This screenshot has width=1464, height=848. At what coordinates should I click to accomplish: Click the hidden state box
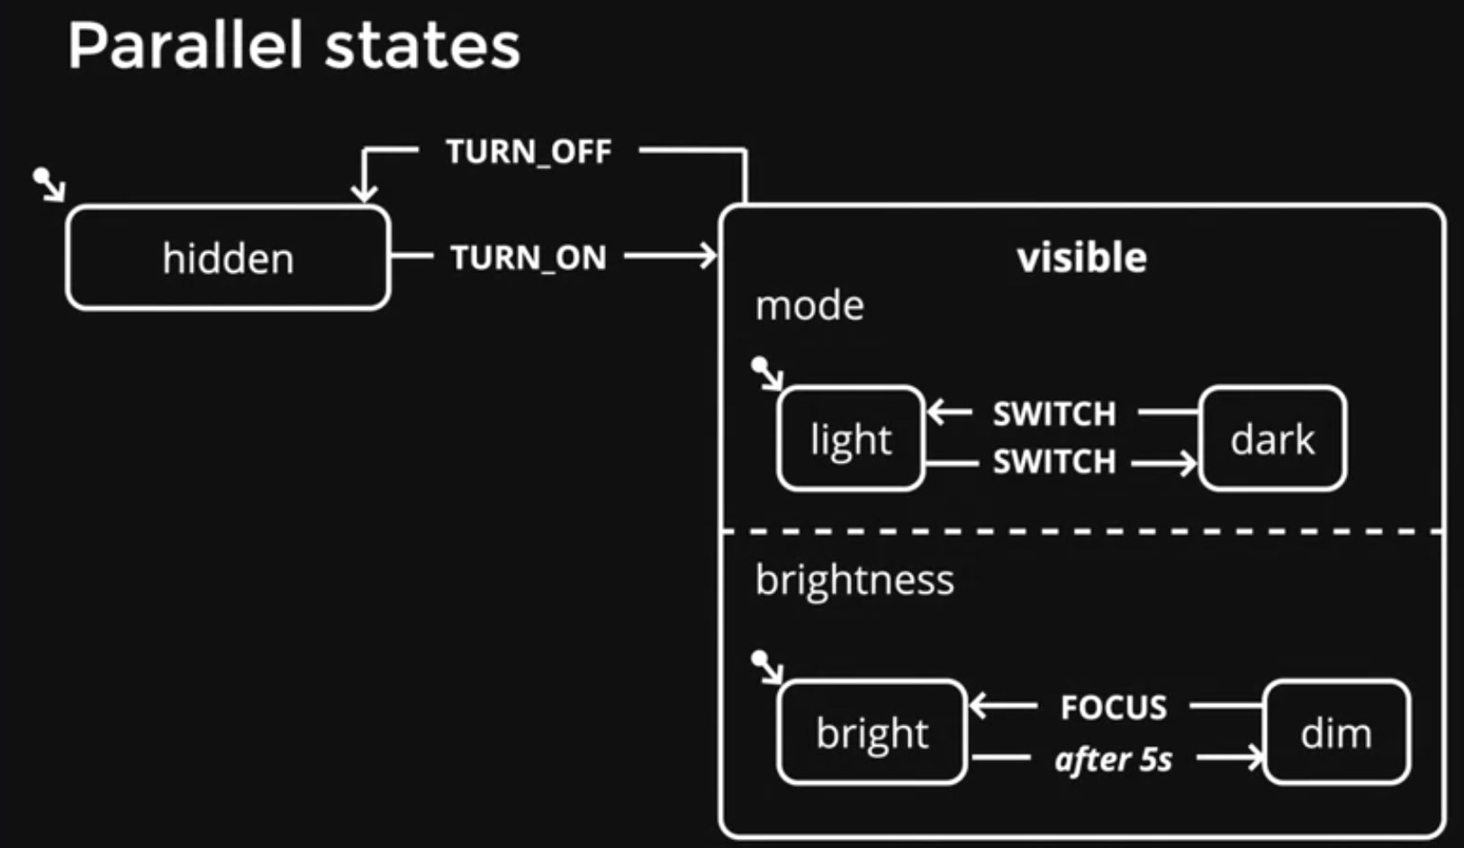click(228, 257)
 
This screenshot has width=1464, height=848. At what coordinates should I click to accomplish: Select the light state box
click(851, 438)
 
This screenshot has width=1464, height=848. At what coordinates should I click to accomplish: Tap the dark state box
click(1272, 438)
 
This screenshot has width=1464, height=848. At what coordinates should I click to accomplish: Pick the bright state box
click(872, 732)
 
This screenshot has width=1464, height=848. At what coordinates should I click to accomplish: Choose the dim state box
click(1336, 732)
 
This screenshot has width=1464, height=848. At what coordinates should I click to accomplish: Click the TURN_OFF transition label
click(529, 151)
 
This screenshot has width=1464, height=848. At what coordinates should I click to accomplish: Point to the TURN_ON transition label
click(529, 257)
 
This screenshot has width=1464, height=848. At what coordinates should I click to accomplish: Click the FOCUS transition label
click(1114, 707)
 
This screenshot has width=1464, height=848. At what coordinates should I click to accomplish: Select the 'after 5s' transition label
click(1114, 759)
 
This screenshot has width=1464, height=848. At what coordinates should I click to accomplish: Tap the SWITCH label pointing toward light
click(1055, 413)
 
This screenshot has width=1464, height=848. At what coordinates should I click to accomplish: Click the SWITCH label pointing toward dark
click(1055, 461)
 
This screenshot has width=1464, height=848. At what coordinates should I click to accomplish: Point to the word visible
click(1081, 257)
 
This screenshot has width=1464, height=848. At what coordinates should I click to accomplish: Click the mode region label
click(809, 305)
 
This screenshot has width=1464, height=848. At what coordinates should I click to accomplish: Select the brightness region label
click(854, 580)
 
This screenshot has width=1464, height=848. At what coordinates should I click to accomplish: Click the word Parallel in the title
click(185, 46)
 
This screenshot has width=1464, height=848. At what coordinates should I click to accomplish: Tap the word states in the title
click(422, 47)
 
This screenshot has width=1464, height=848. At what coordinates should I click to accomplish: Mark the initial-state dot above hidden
click(41, 176)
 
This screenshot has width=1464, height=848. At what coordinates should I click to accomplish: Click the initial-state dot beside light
click(759, 365)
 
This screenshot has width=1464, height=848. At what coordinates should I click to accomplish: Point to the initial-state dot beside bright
click(759, 658)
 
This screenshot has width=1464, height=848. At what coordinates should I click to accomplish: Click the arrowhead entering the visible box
click(709, 255)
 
